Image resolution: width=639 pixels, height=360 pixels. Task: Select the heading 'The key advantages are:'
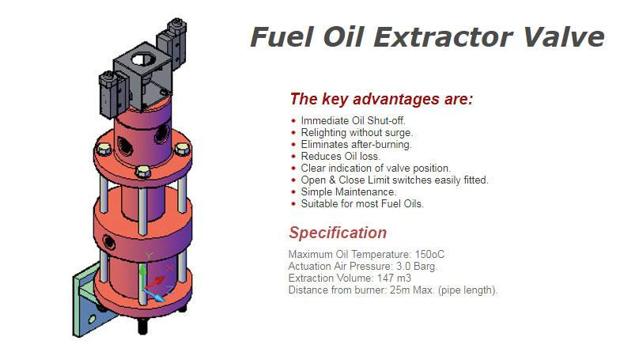pos(381,100)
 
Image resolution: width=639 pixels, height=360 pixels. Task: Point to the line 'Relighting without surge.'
pos(357,133)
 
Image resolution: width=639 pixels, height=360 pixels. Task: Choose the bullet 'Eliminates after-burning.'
pos(356,145)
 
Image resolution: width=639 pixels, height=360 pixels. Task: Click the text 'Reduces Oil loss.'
pos(341,157)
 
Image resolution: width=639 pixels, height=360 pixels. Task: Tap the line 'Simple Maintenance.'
pos(349,192)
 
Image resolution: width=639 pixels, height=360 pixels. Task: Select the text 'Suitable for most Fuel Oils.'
pos(362,204)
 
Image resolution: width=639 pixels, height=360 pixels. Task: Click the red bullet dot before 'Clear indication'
pos(293,169)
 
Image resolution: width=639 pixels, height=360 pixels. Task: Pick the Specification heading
pos(338,233)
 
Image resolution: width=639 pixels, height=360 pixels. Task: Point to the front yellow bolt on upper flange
pos(142,172)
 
